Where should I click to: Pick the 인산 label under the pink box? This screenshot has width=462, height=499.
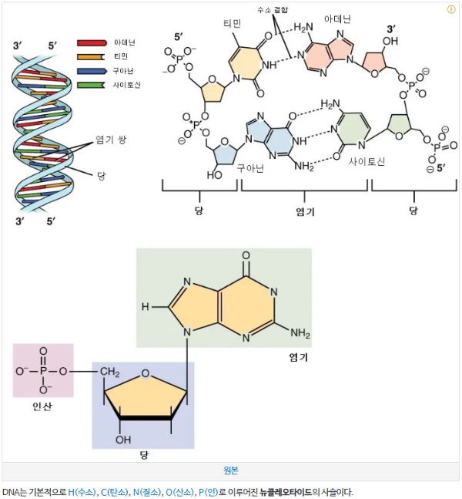click(x=42, y=406)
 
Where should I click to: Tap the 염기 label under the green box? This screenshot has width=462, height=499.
click(x=299, y=358)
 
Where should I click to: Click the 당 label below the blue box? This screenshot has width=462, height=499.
click(x=143, y=455)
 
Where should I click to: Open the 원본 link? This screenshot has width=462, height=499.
click(x=230, y=470)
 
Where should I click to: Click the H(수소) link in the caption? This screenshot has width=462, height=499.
click(x=82, y=491)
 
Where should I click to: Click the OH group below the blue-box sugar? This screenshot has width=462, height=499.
click(x=123, y=440)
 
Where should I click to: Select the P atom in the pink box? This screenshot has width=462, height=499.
click(x=42, y=372)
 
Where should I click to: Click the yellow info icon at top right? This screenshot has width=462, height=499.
click(x=451, y=10)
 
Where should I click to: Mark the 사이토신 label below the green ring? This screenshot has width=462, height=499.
click(x=367, y=161)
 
